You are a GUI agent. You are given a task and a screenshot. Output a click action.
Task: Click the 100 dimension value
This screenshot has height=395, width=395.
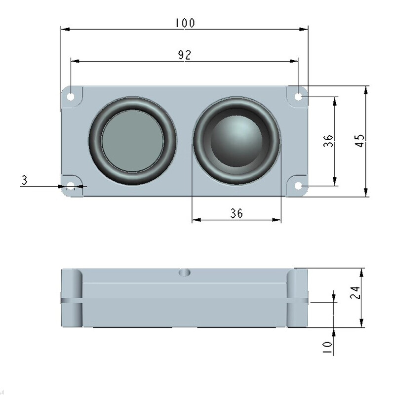(185, 23)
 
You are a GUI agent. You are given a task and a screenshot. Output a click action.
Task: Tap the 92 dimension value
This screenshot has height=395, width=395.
(185, 55)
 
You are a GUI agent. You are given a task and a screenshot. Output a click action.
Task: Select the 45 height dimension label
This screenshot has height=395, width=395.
(360, 141)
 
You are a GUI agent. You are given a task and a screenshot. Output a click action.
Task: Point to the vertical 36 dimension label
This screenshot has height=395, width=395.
(328, 141)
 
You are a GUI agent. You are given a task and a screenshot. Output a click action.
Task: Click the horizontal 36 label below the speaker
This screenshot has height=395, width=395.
(237, 213)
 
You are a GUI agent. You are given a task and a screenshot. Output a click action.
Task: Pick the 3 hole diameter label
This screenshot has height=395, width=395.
(24, 180)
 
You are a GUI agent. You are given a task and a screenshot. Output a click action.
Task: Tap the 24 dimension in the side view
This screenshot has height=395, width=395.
(355, 292)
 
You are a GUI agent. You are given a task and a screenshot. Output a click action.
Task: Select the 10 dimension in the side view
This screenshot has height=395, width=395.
(327, 348)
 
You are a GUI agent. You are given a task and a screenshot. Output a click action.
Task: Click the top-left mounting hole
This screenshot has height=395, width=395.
(71, 96)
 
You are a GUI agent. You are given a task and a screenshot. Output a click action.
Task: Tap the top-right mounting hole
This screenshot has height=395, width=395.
(298, 96)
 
